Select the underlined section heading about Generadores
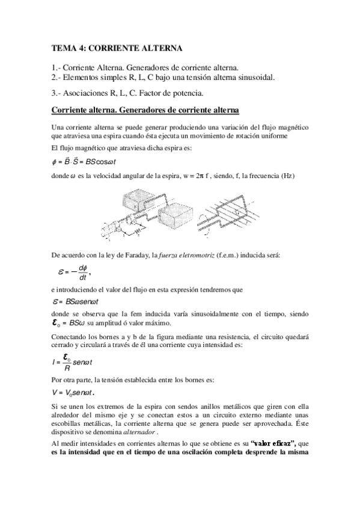click(x=145, y=111)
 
